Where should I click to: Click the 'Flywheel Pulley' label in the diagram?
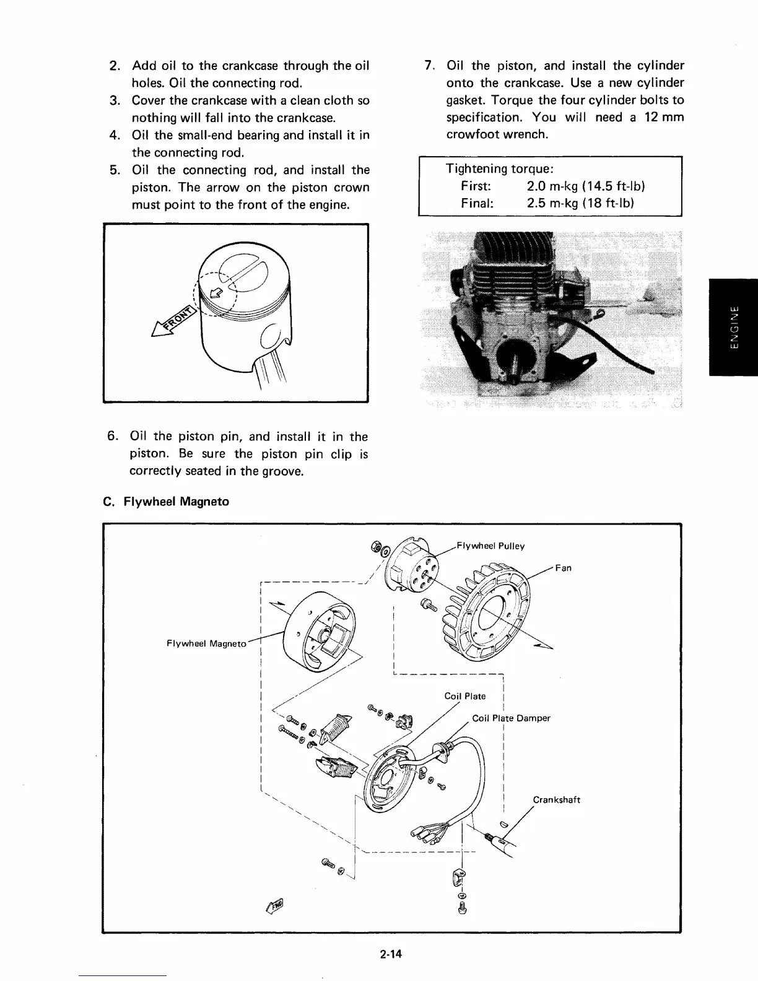(x=490, y=546)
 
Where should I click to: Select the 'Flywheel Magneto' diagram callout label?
(x=206, y=643)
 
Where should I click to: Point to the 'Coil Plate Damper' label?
(x=511, y=718)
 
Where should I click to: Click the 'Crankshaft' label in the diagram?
(x=556, y=800)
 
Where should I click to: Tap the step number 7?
(x=427, y=66)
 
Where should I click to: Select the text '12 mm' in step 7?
(x=662, y=117)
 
